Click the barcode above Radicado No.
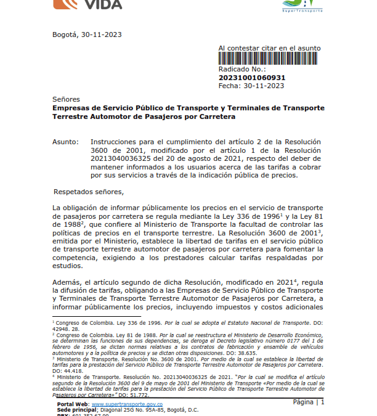click(269, 59)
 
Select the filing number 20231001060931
click(252, 78)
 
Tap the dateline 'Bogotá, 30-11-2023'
click(87, 35)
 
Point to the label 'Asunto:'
click(66, 142)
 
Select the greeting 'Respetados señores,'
click(89, 192)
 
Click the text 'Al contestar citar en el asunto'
click(269, 48)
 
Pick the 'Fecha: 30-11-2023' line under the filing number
click(249, 86)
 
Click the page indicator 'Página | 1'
click(309, 402)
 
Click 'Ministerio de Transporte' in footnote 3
click(78, 357)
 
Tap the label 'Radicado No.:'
click(241, 70)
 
